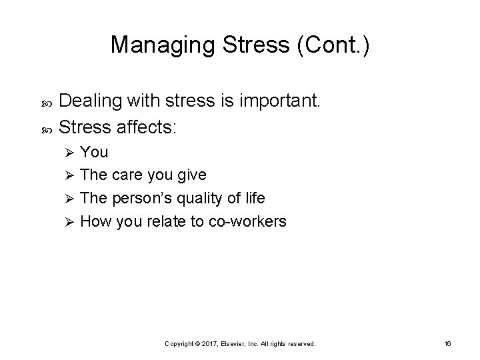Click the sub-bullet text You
coord(94,152)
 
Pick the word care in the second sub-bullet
coord(127,175)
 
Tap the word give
coord(191,175)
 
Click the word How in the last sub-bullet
coord(95,221)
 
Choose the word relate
coord(167,221)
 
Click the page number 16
coord(447,343)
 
